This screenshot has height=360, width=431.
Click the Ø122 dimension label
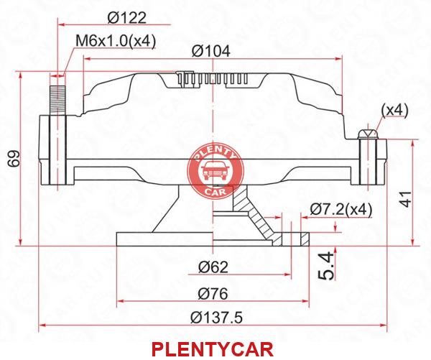(126, 18)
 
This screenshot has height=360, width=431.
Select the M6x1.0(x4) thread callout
(116, 41)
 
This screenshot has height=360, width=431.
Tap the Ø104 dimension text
(210, 51)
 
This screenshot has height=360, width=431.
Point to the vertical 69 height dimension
(14, 158)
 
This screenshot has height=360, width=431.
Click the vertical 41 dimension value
(406, 198)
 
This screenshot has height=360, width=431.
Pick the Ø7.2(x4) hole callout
(341, 210)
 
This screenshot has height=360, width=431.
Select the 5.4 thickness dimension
(326, 267)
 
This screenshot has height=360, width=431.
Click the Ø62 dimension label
(213, 267)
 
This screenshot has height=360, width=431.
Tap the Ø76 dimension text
(213, 293)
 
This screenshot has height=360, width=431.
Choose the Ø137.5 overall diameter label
(217, 318)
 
